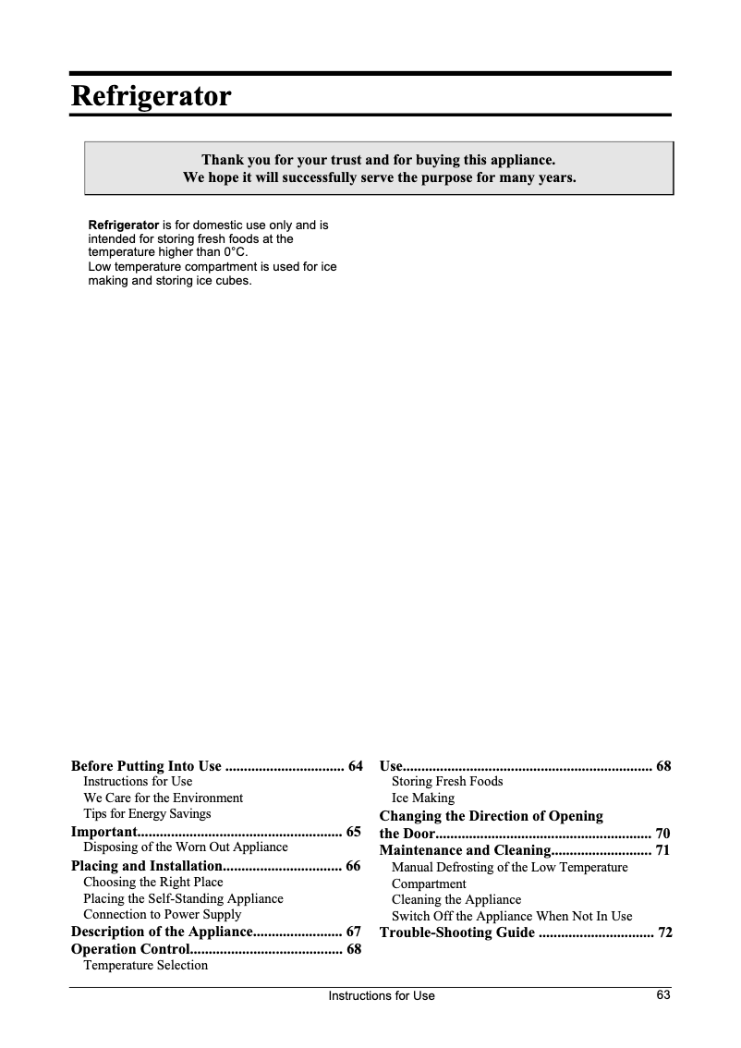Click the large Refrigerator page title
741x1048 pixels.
pos(151,96)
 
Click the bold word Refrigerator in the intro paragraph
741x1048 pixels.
pos(123,225)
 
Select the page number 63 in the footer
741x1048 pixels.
pos(662,994)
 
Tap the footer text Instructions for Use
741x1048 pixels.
pos(381,995)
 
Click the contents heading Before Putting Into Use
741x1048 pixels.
pos(146,765)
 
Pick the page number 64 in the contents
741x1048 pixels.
pos(355,765)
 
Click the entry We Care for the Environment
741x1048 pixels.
pos(163,798)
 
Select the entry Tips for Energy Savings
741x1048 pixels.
pos(147,813)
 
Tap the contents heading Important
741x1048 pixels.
pos(103,831)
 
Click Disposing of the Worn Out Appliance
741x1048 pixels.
pos(185,847)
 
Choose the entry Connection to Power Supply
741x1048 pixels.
pos(162,915)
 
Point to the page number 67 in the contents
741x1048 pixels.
pos(353,932)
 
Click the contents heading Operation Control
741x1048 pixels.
pos(130,949)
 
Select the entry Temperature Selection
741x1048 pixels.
pos(145,965)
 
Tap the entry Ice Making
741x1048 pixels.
pos(423,798)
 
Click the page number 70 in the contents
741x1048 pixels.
pos(662,833)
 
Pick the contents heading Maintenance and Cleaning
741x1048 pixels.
pos(465,849)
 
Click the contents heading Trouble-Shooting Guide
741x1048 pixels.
pos(456,932)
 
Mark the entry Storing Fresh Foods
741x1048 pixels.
pos(447,781)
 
